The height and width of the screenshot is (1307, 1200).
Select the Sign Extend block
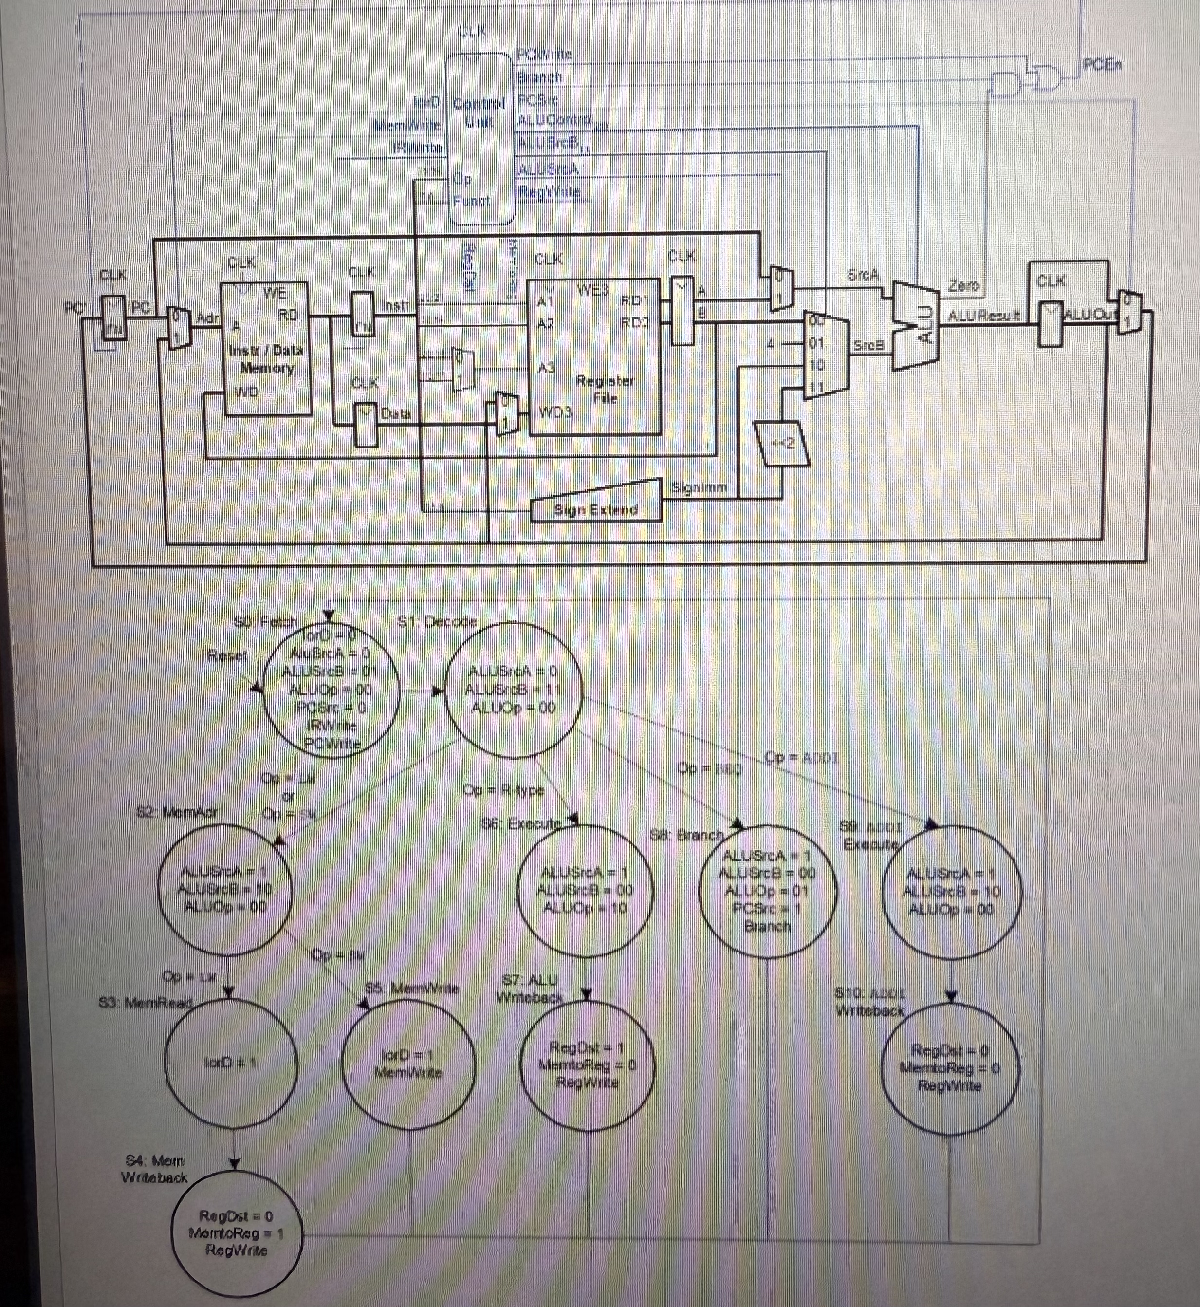[x=595, y=509]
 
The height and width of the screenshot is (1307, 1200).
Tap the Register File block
[x=594, y=357]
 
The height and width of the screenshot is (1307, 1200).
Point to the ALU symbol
[x=916, y=325]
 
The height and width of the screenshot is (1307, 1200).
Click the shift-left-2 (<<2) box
[x=782, y=443]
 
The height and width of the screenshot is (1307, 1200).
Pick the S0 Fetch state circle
[x=331, y=690]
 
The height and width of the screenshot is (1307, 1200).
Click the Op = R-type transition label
[x=504, y=789]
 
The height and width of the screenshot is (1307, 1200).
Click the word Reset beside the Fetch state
[x=227, y=655]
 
